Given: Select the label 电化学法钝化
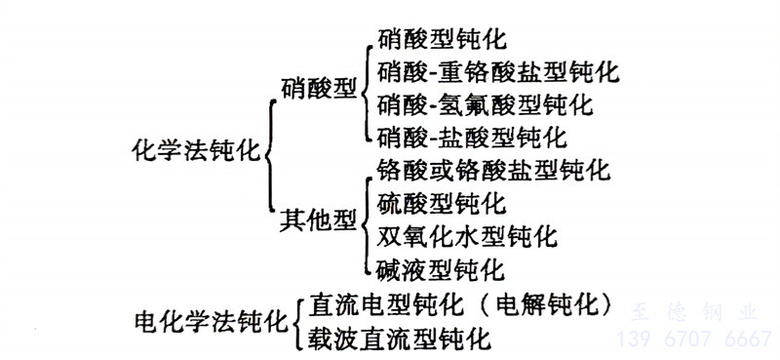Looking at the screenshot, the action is [x=214, y=319].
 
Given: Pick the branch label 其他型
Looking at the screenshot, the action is [x=317, y=220].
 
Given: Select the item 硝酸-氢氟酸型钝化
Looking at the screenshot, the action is [x=485, y=103].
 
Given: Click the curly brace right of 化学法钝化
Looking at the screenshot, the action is [x=269, y=154].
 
